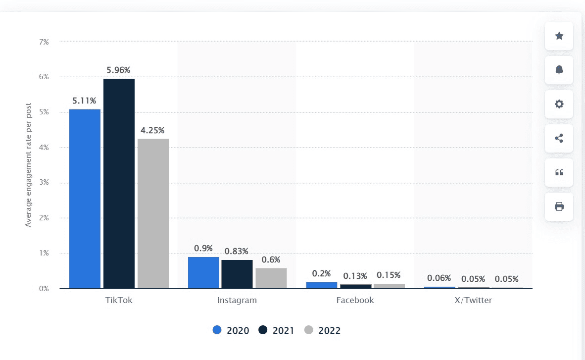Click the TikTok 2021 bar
click(119, 183)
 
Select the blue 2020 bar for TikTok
click(85, 199)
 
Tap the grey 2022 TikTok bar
click(153, 213)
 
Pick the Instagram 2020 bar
click(203, 272)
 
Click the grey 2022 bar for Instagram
click(271, 278)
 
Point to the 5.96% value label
click(119, 70)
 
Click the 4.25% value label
click(153, 130)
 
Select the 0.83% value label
click(237, 251)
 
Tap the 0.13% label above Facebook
click(355, 276)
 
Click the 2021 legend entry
click(276, 330)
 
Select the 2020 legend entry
click(231, 330)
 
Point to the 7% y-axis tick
click(44, 42)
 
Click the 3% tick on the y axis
click(44, 183)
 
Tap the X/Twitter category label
click(473, 300)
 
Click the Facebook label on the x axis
click(355, 300)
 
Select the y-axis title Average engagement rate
click(28, 165)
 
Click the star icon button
click(559, 36)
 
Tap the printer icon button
click(559, 206)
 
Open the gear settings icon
click(559, 104)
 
